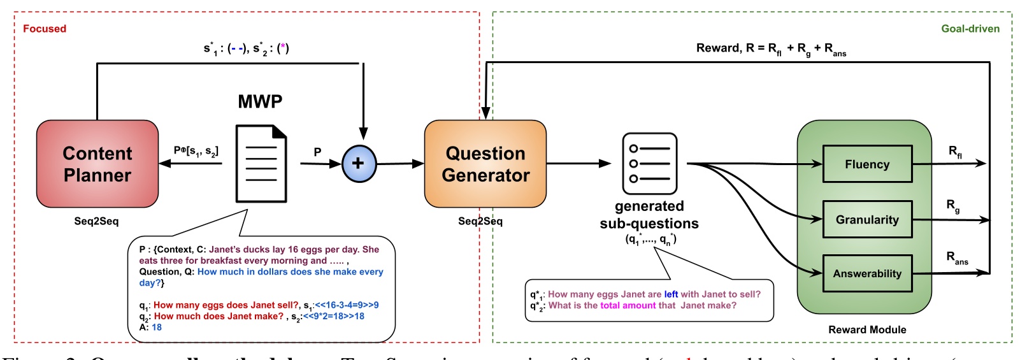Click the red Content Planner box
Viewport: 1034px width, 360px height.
[x=97, y=164]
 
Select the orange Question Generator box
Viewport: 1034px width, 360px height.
[x=485, y=164]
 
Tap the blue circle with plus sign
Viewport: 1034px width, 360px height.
[x=359, y=164]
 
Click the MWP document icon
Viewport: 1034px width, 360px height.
[x=261, y=164]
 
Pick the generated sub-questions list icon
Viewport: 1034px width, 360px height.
[x=649, y=164]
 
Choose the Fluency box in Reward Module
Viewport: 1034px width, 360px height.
[x=867, y=164]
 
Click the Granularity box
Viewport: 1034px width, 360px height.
[x=867, y=220]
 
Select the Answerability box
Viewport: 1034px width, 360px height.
[x=867, y=273]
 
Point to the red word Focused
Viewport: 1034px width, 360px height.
[x=45, y=29]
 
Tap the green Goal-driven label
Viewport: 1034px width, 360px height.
[x=970, y=29]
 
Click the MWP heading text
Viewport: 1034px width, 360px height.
[x=260, y=102]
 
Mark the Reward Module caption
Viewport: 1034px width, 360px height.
[x=867, y=329]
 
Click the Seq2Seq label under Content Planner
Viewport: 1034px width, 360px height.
[x=96, y=221]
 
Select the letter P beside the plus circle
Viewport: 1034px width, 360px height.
[x=317, y=152]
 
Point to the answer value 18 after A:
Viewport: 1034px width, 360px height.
[x=157, y=328]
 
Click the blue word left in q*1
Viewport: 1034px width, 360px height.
[x=671, y=294]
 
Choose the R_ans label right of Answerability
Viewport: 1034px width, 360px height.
[x=957, y=257]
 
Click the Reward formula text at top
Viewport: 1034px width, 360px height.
[x=771, y=49]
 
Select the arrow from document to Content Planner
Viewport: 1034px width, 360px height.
[x=191, y=164]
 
